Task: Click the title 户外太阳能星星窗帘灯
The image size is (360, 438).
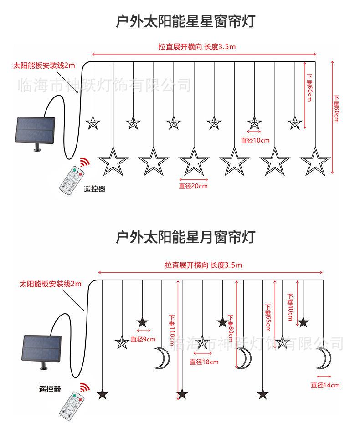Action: tap(185, 21)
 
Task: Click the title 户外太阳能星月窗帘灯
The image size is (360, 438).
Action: tap(185, 237)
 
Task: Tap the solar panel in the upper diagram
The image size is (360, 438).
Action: tap(35, 133)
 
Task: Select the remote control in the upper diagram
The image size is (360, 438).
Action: tap(72, 179)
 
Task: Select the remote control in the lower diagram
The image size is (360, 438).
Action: tap(72, 405)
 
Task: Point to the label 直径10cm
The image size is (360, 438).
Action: tap(255, 140)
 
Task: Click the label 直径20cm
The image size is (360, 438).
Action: tap(193, 186)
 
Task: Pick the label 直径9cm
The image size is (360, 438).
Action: tap(143, 339)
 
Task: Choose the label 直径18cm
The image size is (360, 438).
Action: tap(204, 362)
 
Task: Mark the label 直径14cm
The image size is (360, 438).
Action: tap(325, 385)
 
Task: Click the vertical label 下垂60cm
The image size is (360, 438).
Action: tap(309, 87)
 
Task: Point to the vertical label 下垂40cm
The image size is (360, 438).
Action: tap(290, 307)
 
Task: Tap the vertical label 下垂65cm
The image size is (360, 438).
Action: tap(268, 318)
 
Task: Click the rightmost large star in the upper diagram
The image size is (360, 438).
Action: tap(315, 162)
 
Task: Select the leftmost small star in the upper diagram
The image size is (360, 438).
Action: tap(93, 122)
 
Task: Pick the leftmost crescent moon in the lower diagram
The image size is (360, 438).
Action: tap(162, 358)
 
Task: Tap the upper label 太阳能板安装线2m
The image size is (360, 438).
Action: tap(44, 66)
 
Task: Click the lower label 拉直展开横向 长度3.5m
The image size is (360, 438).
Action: tap(203, 265)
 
